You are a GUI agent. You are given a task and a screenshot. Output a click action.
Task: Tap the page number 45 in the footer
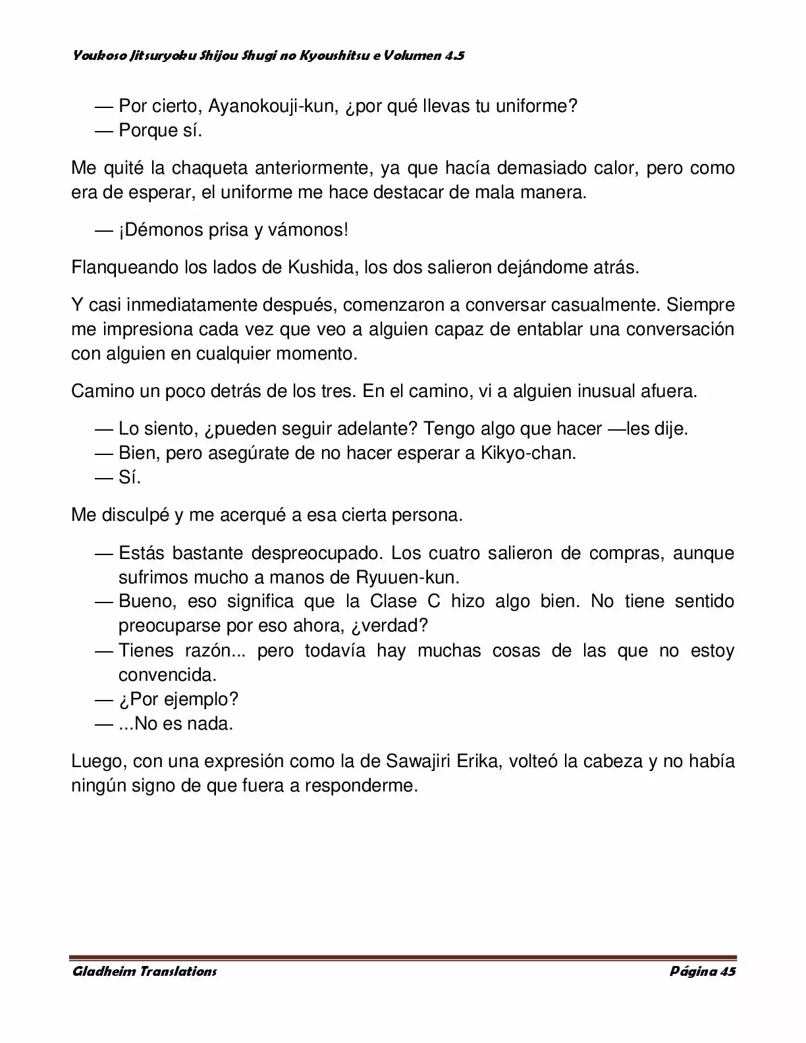click(728, 971)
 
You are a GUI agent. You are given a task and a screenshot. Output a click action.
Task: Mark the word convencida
click(167, 675)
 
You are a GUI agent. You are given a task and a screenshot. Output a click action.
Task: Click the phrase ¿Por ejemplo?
click(178, 699)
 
